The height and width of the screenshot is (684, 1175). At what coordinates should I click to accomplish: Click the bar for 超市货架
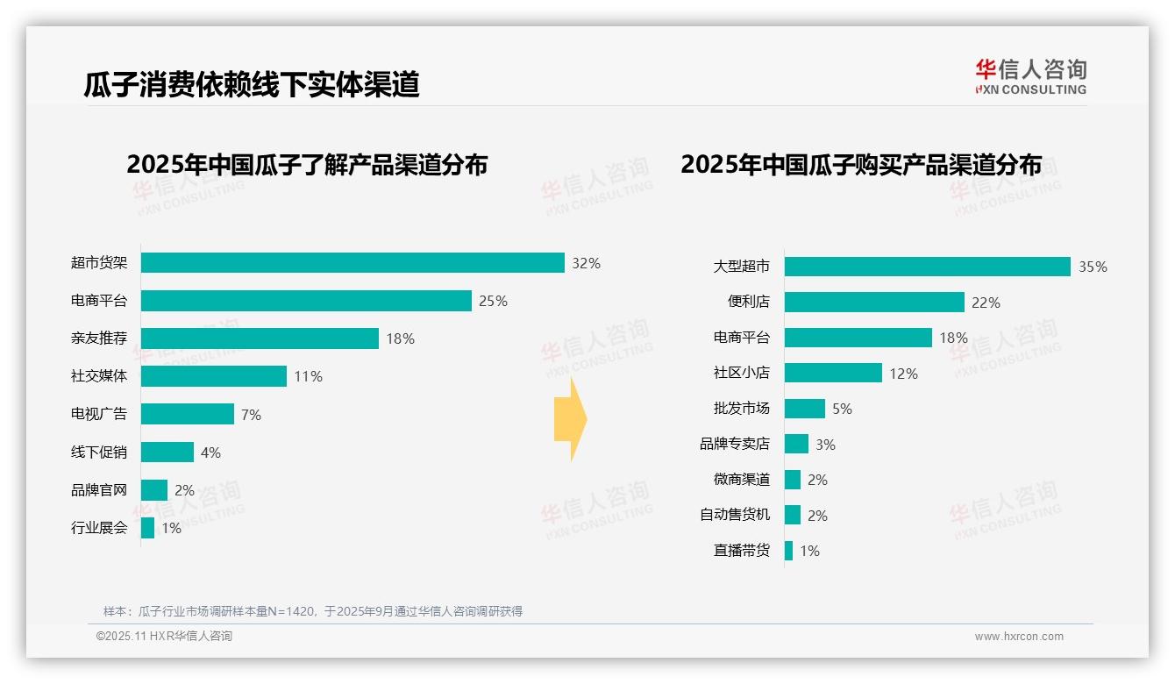352,263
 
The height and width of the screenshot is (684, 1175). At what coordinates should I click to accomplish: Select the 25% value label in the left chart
493,301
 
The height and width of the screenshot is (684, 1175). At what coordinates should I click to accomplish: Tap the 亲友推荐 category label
99,338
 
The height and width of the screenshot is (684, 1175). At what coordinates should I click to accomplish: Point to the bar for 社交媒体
214,376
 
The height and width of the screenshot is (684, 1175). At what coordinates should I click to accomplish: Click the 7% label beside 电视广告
251,415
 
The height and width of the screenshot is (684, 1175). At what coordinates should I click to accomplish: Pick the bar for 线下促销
167,452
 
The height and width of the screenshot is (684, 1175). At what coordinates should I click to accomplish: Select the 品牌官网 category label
99,490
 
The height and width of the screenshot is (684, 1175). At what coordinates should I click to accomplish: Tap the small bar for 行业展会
147,528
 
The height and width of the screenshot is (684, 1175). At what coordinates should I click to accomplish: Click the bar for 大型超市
927,267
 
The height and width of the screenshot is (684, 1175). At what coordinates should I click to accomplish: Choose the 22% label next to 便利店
986,303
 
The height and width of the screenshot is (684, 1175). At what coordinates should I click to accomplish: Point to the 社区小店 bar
833,373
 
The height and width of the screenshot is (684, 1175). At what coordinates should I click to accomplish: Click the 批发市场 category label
742,409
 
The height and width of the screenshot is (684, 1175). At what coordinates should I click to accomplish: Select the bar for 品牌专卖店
796,444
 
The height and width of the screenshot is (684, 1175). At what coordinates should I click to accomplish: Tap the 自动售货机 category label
735,516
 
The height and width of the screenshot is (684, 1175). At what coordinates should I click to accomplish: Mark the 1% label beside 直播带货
809,552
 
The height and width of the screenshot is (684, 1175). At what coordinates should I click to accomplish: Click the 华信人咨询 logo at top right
1030,76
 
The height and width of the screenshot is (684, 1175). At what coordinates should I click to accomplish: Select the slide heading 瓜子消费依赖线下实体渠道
252,84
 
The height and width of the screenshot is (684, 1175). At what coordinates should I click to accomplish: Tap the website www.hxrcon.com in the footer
1019,637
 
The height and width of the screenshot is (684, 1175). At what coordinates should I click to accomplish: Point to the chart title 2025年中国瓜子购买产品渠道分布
861,165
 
